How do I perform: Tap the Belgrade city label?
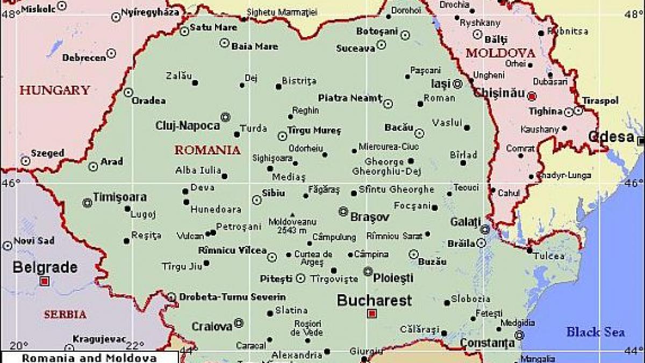click(x=45, y=267)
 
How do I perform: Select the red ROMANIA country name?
click(x=207, y=150)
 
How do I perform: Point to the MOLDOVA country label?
click(x=500, y=53)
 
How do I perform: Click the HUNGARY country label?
click(x=54, y=90)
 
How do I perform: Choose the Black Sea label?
click(x=595, y=332)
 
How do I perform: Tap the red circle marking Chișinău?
click(x=532, y=97)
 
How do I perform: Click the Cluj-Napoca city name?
click(x=188, y=126)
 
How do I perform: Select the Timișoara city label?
click(x=119, y=197)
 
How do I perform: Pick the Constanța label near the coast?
click(x=486, y=342)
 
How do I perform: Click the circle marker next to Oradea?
click(x=128, y=92)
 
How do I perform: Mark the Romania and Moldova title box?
click(x=90, y=358)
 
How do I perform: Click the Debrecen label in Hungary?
click(x=84, y=58)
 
